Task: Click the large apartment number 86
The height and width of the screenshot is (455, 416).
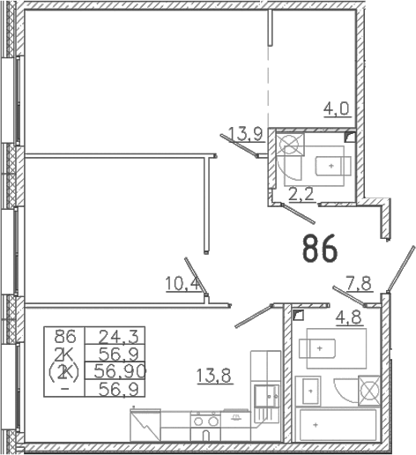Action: (x=320, y=248)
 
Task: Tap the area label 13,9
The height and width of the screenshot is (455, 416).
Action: (x=245, y=134)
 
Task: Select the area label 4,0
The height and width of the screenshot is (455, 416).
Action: (x=337, y=109)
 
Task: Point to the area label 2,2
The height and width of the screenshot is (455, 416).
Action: (x=301, y=194)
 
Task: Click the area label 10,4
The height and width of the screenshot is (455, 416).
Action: (x=182, y=284)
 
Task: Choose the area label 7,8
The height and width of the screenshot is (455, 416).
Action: (x=359, y=284)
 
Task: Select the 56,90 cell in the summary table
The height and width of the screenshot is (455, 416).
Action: (x=120, y=372)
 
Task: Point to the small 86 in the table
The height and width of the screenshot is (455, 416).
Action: (x=65, y=336)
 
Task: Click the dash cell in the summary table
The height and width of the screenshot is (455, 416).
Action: (x=66, y=389)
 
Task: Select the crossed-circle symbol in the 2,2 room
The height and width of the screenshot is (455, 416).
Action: (x=291, y=145)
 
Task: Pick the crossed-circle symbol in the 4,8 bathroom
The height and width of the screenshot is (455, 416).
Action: (x=369, y=390)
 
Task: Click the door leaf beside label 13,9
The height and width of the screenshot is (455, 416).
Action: (x=239, y=145)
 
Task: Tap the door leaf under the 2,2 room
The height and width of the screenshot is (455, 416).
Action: (x=299, y=213)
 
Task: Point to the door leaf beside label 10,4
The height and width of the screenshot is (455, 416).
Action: (x=197, y=276)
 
